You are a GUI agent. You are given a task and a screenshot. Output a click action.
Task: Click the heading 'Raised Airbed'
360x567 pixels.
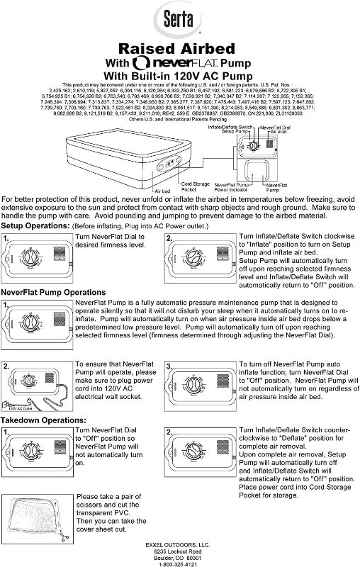(x=181, y=47)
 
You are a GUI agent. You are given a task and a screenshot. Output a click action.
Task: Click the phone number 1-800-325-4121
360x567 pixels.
(x=181, y=563)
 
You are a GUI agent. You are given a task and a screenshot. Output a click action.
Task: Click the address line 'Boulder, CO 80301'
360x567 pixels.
(x=181, y=557)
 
